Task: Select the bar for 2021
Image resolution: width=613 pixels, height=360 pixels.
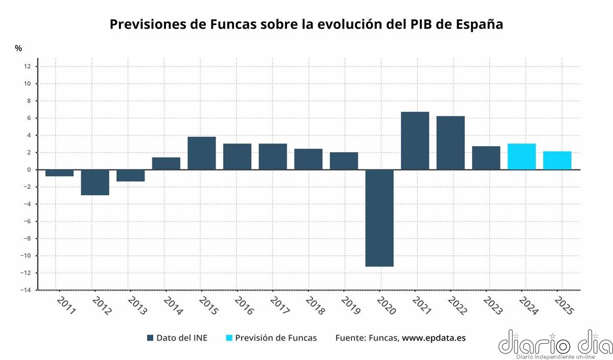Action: [415, 140]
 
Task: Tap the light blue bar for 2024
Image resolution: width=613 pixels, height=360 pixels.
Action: [522, 157]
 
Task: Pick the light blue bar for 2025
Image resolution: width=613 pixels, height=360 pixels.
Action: [557, 160]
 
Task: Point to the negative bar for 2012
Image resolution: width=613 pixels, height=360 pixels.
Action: [95, 182]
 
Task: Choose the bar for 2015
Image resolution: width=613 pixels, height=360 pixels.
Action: [202, 153]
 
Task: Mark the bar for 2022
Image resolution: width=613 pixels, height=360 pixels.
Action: [451, 143]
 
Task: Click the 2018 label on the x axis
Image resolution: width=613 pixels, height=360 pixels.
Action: [313, 306]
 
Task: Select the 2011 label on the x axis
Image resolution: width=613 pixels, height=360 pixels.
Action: [65, 306]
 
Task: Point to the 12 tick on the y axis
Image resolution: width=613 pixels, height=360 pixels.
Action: [27, 66]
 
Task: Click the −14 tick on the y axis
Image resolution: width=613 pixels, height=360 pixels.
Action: [26, 290]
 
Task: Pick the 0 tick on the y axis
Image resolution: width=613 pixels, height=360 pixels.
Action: [29, 170]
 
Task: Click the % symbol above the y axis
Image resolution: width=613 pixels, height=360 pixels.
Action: [18, 49]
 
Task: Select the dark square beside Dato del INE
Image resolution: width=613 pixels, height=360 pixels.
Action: [150, 338]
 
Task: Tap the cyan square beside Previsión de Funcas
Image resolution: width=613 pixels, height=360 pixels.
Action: [229, 338]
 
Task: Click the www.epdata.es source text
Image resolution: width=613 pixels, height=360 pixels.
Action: [434, 338]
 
